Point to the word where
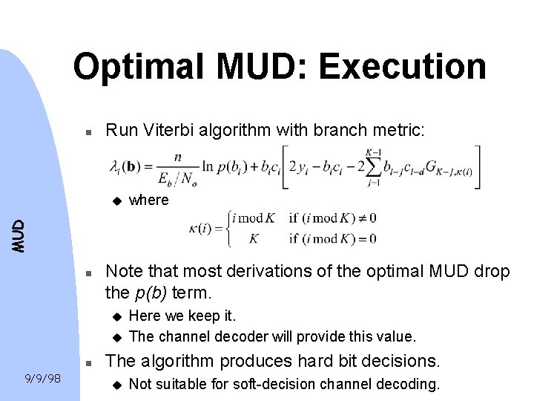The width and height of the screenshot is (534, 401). pos(149,200)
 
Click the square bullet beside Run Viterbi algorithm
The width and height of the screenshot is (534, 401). pos(87,131)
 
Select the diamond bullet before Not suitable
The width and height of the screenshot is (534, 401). pos(116,385)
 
